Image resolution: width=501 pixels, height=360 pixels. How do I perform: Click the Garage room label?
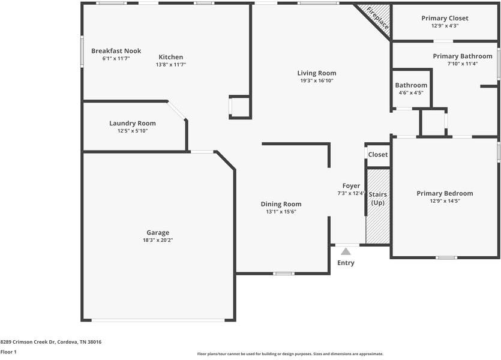(158, 232)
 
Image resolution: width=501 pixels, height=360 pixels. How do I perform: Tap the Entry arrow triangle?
(346, 251)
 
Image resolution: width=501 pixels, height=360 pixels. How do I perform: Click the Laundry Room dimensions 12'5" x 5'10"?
(132, 131)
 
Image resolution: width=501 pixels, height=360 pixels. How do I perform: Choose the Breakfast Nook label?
(116, 51)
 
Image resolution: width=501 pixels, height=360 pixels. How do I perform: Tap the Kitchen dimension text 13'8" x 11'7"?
(171, 65)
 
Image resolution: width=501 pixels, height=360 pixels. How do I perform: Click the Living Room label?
(317, 73)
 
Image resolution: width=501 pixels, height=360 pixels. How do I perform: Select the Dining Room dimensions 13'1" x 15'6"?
(281, 212)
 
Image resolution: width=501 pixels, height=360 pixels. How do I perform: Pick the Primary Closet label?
(445, 18)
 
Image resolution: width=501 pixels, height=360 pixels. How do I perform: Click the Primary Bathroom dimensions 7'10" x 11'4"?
(462, 64)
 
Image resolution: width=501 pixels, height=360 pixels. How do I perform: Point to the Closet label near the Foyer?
(378, 155)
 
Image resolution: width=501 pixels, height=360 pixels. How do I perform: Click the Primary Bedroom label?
(445, 193)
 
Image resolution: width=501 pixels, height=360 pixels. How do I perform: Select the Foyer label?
(351, 186)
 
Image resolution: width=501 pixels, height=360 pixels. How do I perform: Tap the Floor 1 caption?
(8, 352)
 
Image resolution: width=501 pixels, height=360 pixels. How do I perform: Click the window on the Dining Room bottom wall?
(283, 274)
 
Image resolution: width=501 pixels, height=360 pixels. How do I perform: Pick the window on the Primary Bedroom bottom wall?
(446, 257)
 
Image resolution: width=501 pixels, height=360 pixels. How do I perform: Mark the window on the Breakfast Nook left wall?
(83, 52)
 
